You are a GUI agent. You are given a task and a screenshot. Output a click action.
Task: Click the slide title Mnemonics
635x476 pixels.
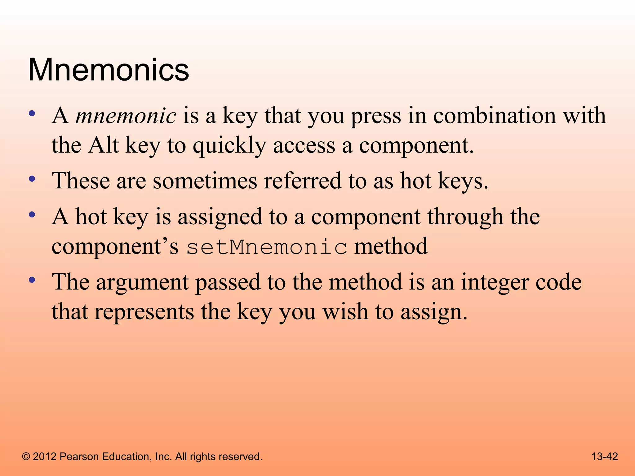pos(109,70)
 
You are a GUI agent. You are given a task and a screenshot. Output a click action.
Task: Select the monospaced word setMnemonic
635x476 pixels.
pos(267,247)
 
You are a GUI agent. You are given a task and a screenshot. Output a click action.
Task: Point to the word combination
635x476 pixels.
pos(494,116)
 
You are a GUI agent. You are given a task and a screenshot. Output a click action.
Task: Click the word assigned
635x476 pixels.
pos(220,217)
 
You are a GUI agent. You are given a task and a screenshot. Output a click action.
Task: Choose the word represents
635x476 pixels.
pos(144,311)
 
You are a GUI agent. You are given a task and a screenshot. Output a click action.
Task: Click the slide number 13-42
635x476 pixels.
pos(605,456)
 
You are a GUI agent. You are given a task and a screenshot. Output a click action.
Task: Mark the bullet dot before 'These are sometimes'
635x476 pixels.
pos(32,179)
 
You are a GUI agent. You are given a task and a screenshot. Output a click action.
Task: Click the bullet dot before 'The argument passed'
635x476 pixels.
pos(32,280)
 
